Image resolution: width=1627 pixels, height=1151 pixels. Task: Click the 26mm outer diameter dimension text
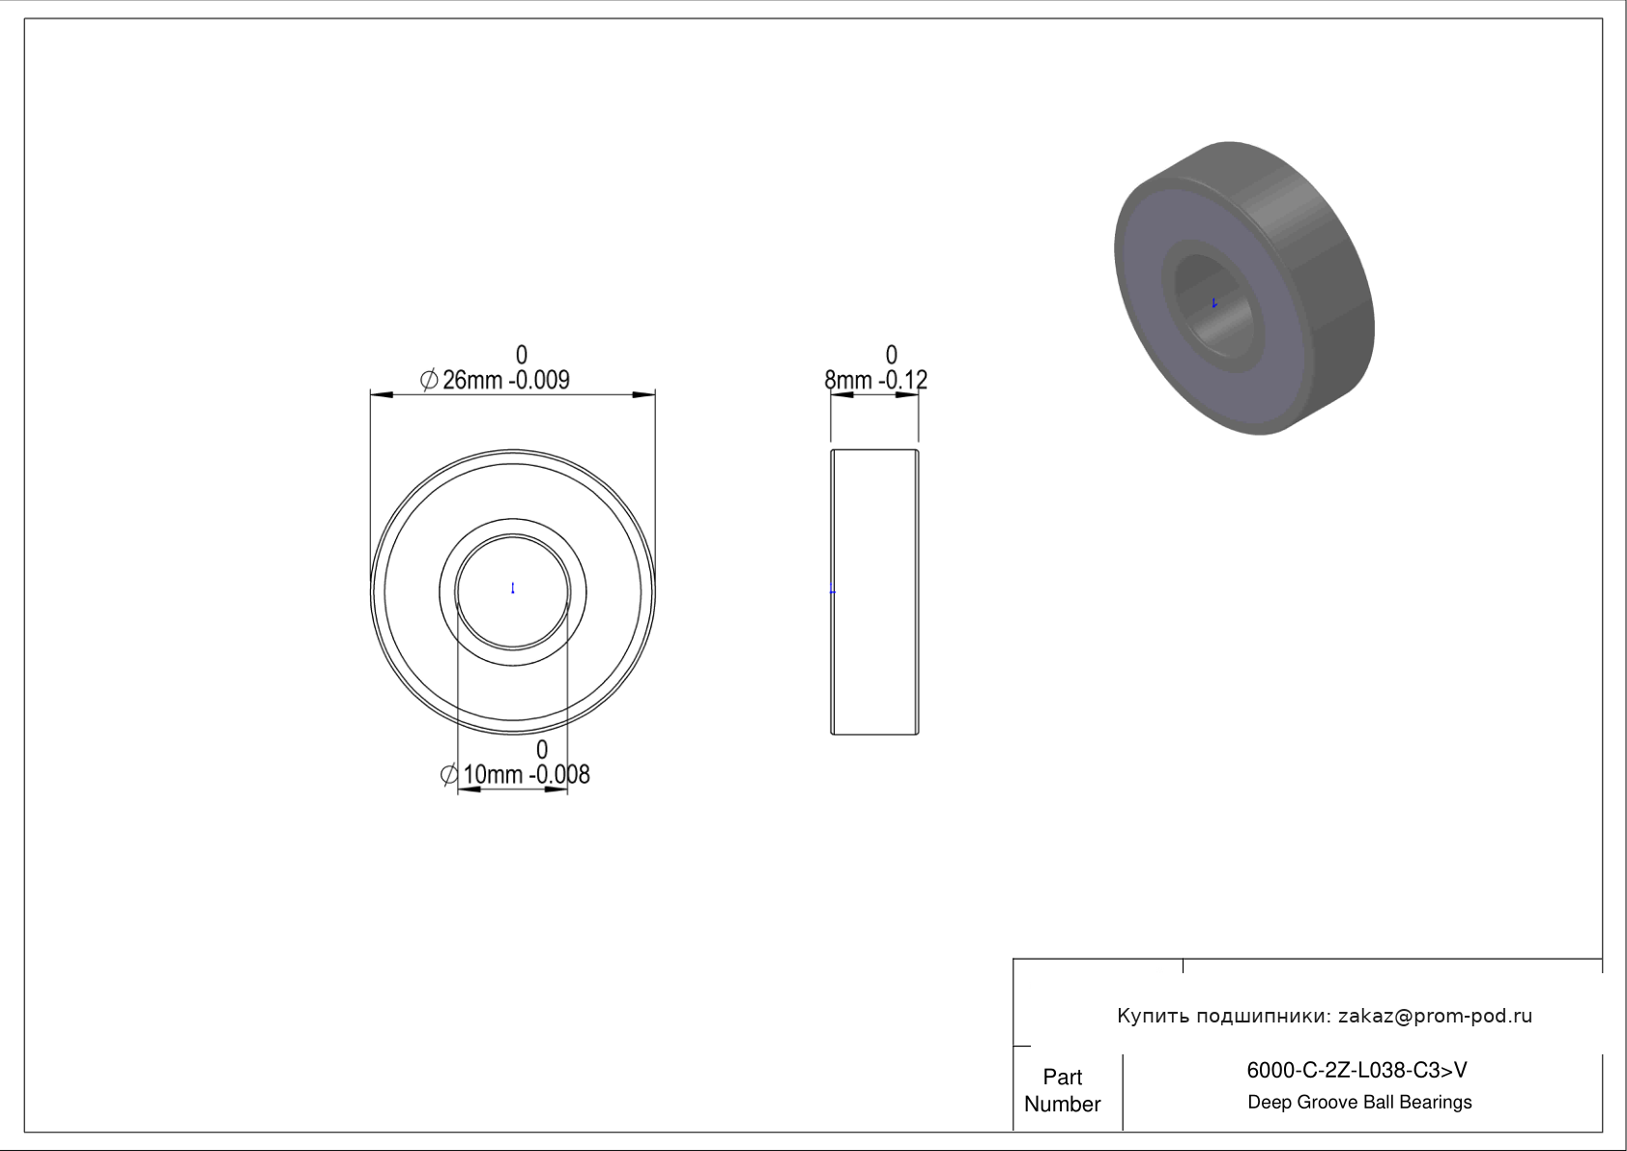point(472,380)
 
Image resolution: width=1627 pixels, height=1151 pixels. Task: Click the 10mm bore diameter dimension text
point(493,775)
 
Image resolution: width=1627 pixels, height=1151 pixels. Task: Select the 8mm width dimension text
point(847,380)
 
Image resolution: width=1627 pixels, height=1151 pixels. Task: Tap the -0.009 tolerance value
point(539,380)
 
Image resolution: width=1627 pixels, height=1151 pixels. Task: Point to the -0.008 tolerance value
point(559,775)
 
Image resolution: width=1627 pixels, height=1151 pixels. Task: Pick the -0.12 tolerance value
point(902,380)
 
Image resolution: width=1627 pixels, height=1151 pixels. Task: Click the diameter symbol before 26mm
point(429,379)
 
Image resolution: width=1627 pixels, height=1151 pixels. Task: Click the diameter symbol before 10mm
point(449,775)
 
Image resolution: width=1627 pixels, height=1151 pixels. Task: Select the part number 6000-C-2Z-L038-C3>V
point(1356,1071)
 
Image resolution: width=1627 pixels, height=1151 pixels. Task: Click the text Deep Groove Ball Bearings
point(1359,1103)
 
